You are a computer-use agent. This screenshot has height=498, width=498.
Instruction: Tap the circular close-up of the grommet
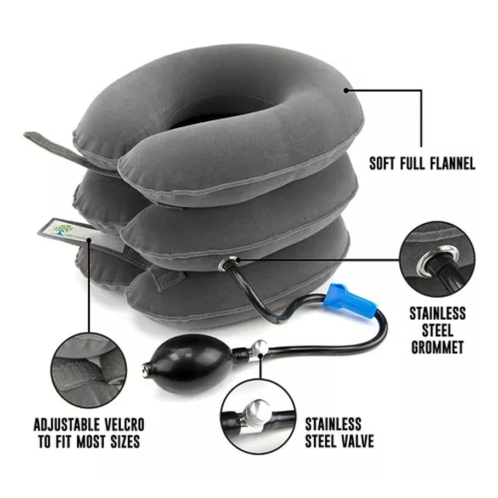tap(437, 258)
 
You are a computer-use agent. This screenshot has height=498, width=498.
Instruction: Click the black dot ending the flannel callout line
tap(347, 90)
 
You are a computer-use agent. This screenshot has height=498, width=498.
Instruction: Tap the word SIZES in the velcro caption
tap(123, 442)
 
